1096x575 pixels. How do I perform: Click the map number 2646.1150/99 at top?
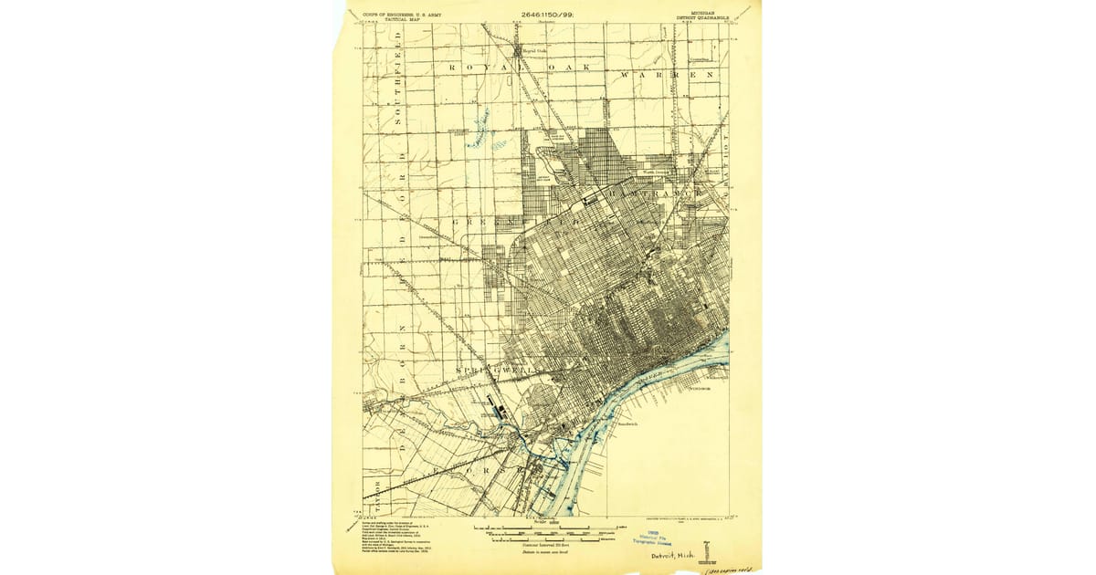point(546,15)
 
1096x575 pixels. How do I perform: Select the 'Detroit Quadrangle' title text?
point(701,17)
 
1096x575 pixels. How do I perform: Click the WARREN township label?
point(665,72)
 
